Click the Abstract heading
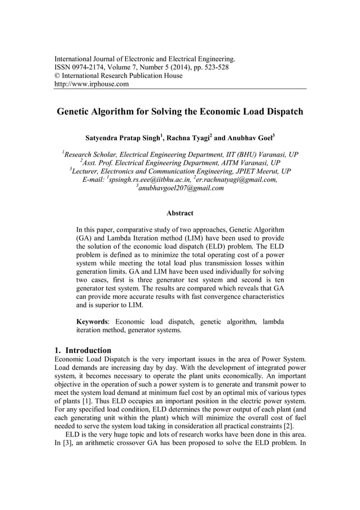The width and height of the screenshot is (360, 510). click(x=180, y=213)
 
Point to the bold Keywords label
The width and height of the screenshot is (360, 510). click(x=93, y=321)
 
